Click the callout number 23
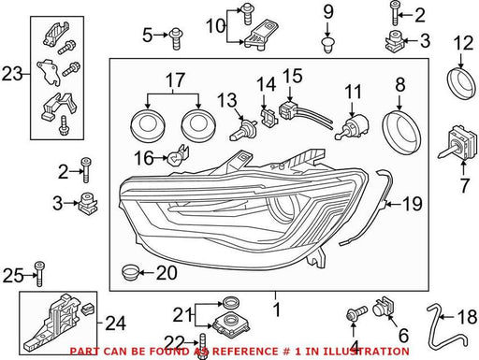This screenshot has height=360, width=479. point(12,74)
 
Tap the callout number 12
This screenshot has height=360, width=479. point(463,43)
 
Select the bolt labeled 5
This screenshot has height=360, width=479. point(176,38)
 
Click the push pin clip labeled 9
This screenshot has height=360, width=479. point(327,45)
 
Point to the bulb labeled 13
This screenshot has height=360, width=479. point(242,130)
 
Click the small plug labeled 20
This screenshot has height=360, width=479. point(130,272)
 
